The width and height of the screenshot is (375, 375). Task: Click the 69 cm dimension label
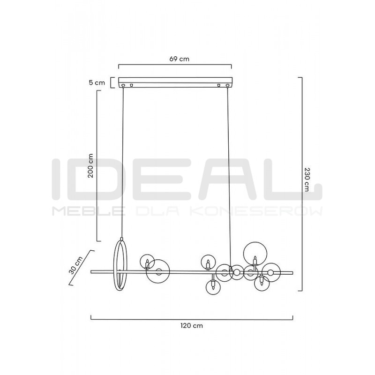point(179,59)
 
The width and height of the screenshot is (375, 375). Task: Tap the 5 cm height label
point(97,83)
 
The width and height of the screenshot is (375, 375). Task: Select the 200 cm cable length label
point(90,165)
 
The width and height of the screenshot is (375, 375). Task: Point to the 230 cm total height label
point(307,179)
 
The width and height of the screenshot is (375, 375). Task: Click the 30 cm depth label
point(75,265)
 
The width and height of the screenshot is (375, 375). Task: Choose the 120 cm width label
point(192,325)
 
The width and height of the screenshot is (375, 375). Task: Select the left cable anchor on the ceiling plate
point(123,85)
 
